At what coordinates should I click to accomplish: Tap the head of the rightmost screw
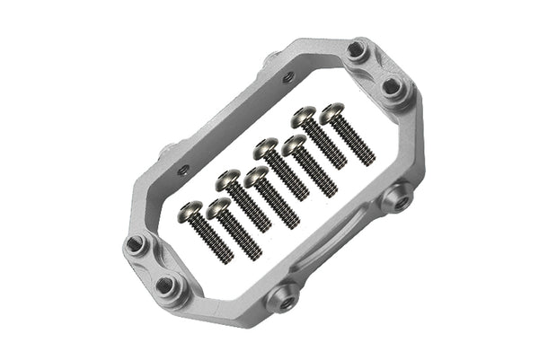coord(332,112)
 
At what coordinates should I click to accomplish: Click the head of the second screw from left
coord(217,209)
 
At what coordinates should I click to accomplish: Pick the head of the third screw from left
coord(228,178)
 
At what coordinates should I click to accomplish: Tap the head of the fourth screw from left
coord(255,175)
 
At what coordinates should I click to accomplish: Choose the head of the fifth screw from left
coord(266,145)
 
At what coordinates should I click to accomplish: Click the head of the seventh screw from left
coord(304,116)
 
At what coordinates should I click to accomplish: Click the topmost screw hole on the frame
coord(358,50)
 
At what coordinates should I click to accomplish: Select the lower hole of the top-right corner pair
coord(392,86)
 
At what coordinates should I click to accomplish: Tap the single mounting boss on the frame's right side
coord(397,195)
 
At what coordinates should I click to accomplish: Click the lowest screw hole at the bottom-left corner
coord(167,286)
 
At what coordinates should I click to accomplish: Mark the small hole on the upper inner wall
coord(287,78)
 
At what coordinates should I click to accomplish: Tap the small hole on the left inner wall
coord(184,168)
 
